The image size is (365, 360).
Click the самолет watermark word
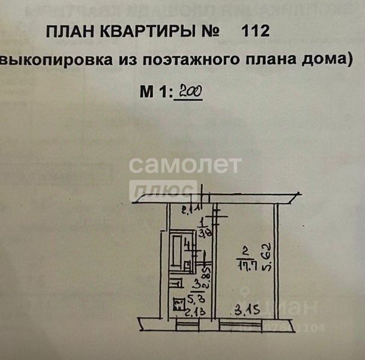click(186, 164)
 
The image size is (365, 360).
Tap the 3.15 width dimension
click(243, 310)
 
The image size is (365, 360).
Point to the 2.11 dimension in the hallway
click(178, 210)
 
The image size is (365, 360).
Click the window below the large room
click(240, 325)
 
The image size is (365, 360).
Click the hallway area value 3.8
click(203, 235)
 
